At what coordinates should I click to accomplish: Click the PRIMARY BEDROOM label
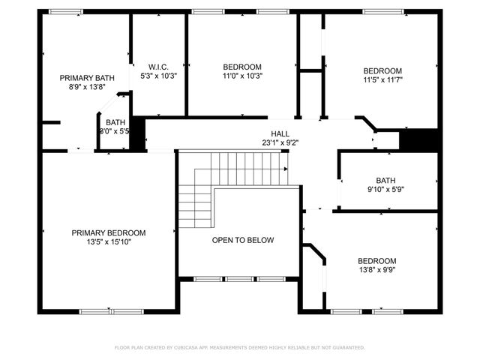[x=109, y=232]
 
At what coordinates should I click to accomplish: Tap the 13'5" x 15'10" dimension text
[x=109, y=242]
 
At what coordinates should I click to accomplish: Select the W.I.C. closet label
[x=158, y=66]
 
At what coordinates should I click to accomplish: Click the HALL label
[x=280, y=133]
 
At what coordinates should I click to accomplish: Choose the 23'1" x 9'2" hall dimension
[x=280, y=142]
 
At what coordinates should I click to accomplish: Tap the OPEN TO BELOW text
[x=242, y=240]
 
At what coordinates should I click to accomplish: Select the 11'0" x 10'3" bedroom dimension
[x=242, y=76]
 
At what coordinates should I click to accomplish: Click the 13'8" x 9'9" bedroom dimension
[x=376, y=271]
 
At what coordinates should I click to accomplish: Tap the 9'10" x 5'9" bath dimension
[x=385, y=190]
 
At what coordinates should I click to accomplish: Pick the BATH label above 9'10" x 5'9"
[x=385, y=180]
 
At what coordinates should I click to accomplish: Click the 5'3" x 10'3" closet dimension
[x=158, y=76]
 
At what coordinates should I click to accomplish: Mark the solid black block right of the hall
[x=418, y=139]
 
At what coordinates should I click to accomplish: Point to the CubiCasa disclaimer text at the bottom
[x=240, y=347]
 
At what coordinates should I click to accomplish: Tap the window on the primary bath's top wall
[x=66, y=11]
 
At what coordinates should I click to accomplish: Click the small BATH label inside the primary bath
[x=115, y=122]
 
